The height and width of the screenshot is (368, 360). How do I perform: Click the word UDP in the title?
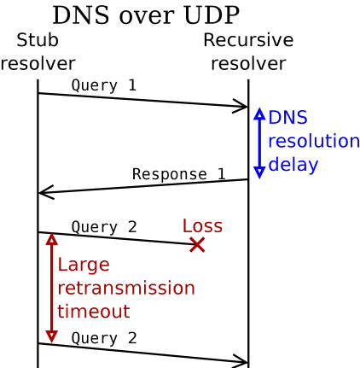pos(212,15)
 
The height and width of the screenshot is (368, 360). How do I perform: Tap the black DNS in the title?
pos(81,15)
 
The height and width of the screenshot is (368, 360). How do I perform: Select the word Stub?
pos(38,40)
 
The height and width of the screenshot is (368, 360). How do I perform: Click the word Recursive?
pos(248,40)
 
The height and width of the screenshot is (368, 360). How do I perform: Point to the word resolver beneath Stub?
pos(38,63)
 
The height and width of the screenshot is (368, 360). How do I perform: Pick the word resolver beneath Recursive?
pos(248,63)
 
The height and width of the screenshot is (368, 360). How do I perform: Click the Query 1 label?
pos(104,85)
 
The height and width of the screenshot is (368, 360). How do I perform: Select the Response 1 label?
pos(179,174)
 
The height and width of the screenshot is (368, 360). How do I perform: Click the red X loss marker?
pos(197,245)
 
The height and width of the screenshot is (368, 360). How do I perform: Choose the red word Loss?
pos(202,226)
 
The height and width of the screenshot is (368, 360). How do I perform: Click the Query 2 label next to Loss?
pos(104,227)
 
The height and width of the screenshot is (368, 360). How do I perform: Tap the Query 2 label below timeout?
pos(104,338)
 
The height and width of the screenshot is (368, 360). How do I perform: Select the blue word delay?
pos(293,165)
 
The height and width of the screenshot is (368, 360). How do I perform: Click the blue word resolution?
pos(314,141)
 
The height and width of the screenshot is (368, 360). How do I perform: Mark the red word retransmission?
pos(126,288)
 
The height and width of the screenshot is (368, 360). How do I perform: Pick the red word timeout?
pos(94,312)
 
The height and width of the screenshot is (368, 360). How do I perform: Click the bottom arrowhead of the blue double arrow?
pos(259,172)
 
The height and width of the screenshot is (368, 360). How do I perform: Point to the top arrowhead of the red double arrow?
pos(51,239)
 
